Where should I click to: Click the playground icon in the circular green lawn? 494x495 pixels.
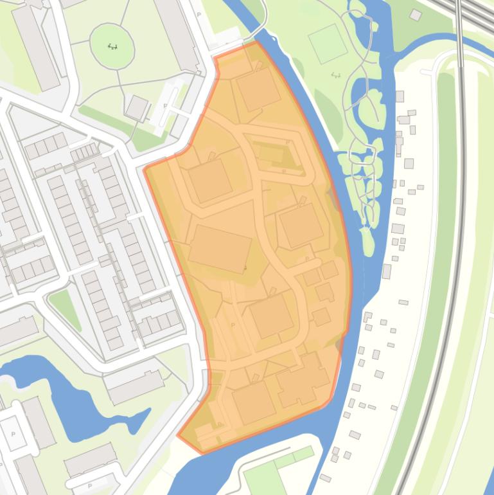click(x=113, y=46)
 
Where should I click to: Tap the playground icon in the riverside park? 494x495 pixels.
click(x=335, y=75)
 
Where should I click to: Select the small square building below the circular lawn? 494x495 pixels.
click(x=137, y=108)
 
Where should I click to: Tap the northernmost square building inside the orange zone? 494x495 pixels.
click(x=258, y=89)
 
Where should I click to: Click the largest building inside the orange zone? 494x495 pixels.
click(x=220, y=249)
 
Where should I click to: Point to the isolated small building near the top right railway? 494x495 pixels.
click(x=416, y=15)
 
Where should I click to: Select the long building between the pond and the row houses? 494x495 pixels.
click(x=136, y=386)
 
